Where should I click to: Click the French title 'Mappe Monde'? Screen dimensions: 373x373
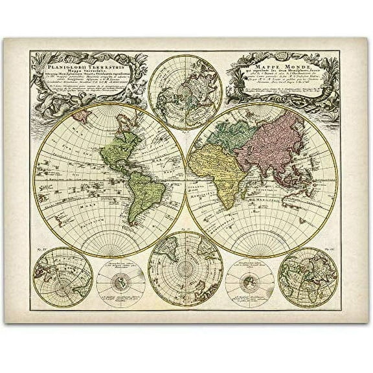tap(275, 65)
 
